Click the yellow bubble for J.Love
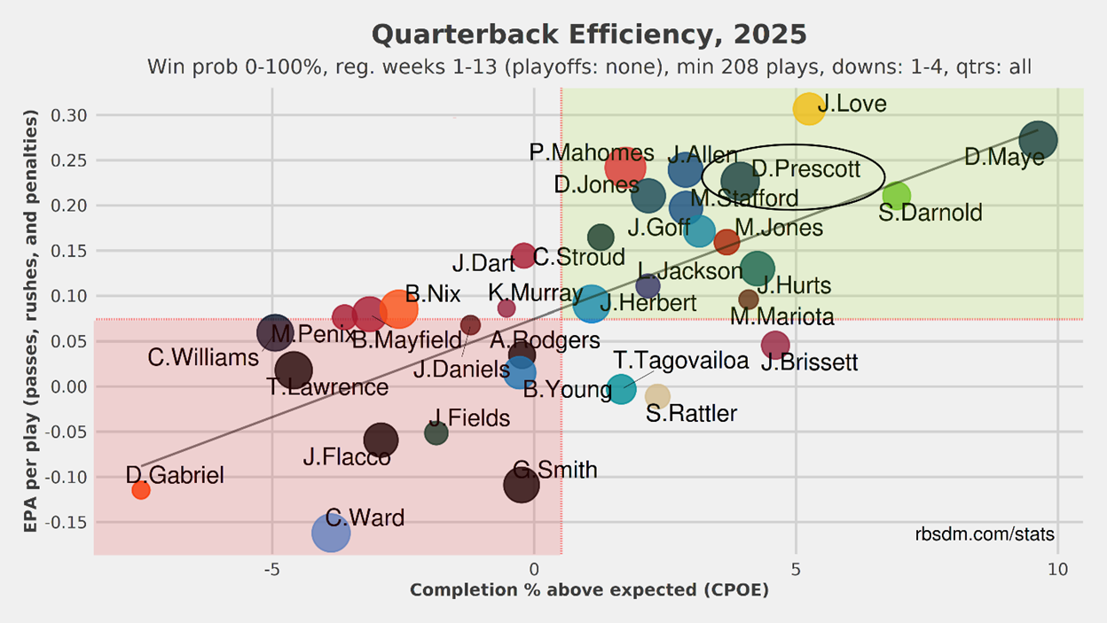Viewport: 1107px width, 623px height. [x=809, y=109]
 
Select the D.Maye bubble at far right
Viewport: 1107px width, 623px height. [x=1039, y=140]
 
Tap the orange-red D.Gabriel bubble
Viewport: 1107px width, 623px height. [x=141, y=490]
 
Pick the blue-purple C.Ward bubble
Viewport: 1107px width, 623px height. [x=331, y=533]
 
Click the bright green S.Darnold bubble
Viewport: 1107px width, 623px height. [x=897, y=196]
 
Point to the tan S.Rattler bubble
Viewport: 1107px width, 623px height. [x=657, y=396]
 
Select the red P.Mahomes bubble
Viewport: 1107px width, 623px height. [x=625, y=167]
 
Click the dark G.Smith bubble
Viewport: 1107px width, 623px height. [x=522, y=485]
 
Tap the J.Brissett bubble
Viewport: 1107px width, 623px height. [x=775, y=345]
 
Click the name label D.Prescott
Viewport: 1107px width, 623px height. [x=805, y=169]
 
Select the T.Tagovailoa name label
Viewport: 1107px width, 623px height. [x=681, y=361]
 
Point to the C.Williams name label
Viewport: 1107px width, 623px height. [x=203, y=357]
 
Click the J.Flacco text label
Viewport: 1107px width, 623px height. [x=347, y=457]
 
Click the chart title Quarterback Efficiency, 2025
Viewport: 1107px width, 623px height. [x=589, y=35]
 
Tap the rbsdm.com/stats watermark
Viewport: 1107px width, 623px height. [x=985, y=534]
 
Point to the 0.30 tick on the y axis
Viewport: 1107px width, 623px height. [x=68, y=115]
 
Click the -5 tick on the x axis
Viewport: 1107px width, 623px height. [x=271, y=570]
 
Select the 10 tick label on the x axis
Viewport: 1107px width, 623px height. [x=1058, y=570]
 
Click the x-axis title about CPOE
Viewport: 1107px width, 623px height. [x=590, y=590]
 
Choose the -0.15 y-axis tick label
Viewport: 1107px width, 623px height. [x=67, y=522]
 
